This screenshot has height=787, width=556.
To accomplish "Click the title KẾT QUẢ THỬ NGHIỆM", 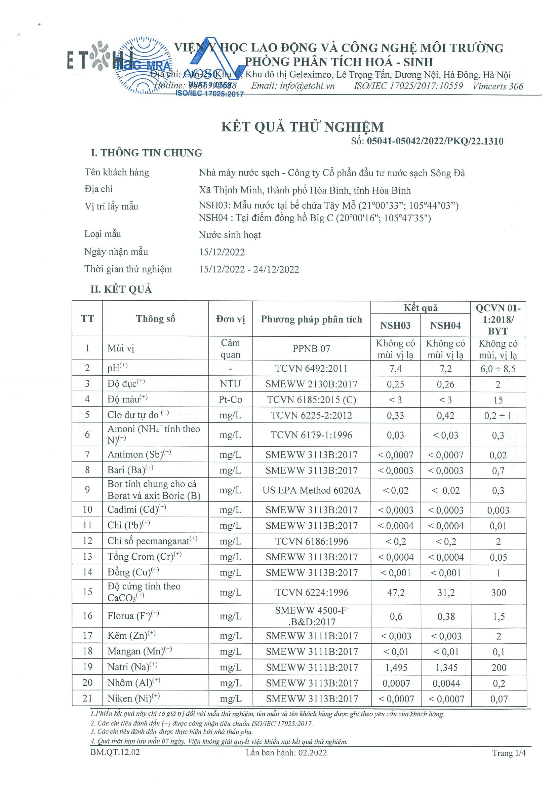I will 302,127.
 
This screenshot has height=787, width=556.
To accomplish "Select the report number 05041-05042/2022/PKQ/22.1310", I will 435,141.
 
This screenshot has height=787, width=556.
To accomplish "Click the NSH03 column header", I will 395,326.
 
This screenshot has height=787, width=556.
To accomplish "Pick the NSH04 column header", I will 445,326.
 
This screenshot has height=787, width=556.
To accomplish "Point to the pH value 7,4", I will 395,369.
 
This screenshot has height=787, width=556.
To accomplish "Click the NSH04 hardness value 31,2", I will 446,593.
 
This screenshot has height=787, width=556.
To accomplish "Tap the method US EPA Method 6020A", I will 311,490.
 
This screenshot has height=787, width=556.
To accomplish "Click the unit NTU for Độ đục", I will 230,384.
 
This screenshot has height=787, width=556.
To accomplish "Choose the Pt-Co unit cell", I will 230,400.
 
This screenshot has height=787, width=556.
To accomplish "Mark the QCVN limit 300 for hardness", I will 499,593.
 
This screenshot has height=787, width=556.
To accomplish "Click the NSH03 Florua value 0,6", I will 396,616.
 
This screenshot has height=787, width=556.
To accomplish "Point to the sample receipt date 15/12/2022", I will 222,252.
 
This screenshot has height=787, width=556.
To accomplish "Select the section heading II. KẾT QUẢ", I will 121,289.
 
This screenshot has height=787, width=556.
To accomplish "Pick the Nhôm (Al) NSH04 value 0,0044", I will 446,683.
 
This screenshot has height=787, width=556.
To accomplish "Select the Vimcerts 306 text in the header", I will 498,86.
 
